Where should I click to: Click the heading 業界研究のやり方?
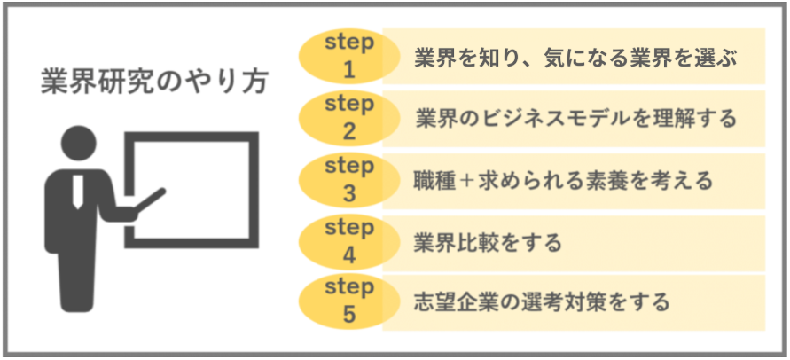coord(154,82)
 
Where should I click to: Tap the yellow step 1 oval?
coord(349,56)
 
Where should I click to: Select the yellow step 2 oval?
coord(349,118)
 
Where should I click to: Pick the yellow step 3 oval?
coord(349,181)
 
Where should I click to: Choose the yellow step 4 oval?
coord(349,243)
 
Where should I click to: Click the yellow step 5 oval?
coord(349,301)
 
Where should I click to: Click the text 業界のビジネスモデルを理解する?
coord(575,120)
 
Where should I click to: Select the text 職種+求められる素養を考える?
coord(563,181)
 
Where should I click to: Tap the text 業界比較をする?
coord(487,243)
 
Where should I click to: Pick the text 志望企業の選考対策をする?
coord(542,301)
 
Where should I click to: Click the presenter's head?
coord(79,143)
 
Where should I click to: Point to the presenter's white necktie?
coord(78,192)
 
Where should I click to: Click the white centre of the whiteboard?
coord(192,190)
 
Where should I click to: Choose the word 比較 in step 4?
coord(476,243)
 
